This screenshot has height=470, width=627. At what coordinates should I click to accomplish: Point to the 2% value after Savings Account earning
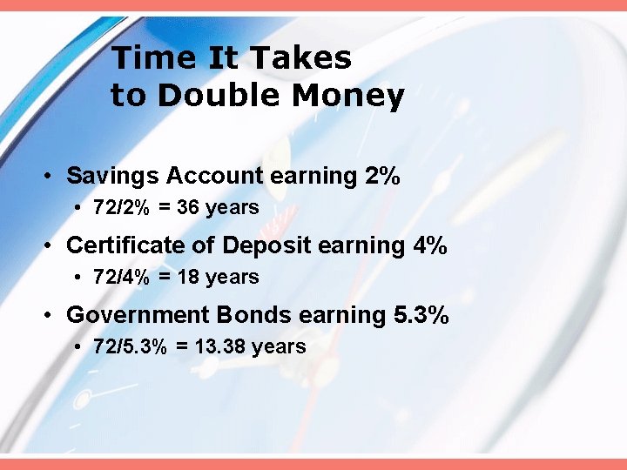(x=382, y=176)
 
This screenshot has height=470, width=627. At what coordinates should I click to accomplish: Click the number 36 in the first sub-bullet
(x=188, y=208)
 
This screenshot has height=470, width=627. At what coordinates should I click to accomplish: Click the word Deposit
(x=266, y=245)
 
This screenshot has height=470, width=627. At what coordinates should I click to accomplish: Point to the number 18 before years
(x=188, y=278)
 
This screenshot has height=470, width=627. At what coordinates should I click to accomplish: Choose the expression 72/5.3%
(x=131, y=347)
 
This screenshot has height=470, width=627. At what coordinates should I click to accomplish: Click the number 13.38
(x=219, y=347)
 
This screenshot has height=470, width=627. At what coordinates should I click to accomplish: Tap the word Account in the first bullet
(x=215, y=176)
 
